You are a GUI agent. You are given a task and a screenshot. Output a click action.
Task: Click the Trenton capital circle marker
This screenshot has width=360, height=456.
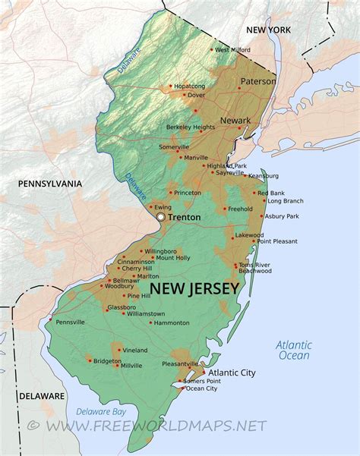(x=161, y=217)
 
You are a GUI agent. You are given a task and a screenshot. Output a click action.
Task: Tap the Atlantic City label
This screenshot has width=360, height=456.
(x=232, y=373)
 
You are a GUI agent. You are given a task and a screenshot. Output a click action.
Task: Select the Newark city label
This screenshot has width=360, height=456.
(x=235, y=121)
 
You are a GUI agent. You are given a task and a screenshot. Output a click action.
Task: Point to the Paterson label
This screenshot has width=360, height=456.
(x=258, y=81)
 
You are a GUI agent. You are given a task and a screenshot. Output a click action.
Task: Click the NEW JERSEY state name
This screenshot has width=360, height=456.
(x=194, y=289)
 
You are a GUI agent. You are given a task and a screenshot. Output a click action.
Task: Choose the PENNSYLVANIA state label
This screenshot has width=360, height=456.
(x=49, y=183)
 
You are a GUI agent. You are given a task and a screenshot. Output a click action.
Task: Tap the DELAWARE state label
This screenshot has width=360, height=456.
(x=41, y=396)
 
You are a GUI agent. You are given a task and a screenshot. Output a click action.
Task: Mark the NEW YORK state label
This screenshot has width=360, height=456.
(x=268, y=29)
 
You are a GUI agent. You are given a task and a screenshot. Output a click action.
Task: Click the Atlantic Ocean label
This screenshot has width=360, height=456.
(x=294, y=350)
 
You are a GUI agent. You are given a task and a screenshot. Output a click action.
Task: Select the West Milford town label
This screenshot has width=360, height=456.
(x=233, y=50)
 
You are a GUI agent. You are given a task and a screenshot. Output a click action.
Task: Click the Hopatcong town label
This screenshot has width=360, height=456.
(x=189, y=86)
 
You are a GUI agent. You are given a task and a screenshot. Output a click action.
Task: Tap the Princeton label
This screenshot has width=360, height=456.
(x=188, y=193)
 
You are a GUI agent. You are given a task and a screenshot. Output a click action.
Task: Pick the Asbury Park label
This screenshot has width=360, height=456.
(x=282, y=216)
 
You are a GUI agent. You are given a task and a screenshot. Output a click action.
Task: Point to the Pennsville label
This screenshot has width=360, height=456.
(x=70, y=322)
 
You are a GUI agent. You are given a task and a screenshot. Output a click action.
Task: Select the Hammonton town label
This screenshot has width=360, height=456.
(x=171, y=322)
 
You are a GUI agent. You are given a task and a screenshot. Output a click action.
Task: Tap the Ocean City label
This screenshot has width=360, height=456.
(x=201, y=388)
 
